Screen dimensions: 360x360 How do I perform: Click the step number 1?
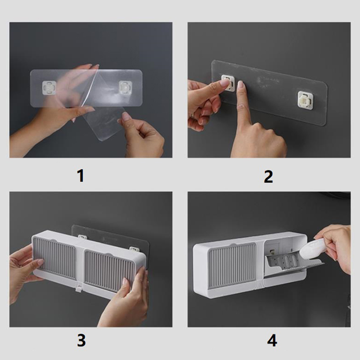click(x=81, y=176)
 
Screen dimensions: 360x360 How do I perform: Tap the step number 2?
click(x=269, y=176)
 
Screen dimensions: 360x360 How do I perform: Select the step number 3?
click(x=81, y=340)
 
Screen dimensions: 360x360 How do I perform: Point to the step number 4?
click(x=272, y=341)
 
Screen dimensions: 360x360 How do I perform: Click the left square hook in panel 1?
click(x=49, y=87)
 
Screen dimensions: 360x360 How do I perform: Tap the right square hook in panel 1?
click(x=126, y=88)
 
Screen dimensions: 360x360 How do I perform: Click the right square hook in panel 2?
click(x=306, y=99)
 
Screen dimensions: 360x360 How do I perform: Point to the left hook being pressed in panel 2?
click(x=229, y=83)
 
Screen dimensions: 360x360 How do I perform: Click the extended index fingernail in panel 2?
click(x=240, y=84)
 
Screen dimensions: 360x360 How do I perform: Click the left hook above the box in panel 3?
click(x=81, y=237)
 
